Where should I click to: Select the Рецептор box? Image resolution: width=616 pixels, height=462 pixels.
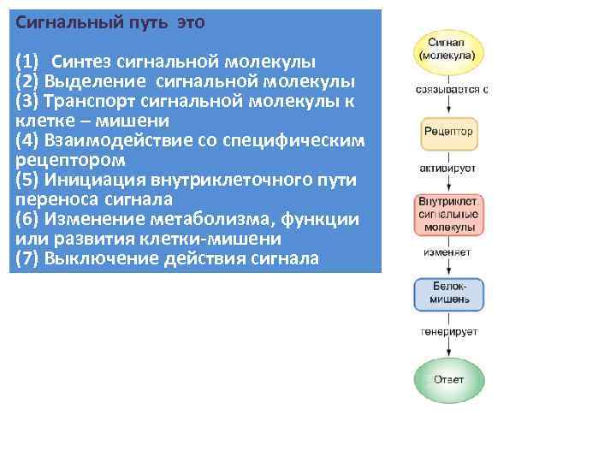pos(448,133)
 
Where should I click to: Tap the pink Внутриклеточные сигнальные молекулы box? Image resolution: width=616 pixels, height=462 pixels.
pos(449,216)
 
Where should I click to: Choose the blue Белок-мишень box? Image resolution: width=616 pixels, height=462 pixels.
pos(449,293)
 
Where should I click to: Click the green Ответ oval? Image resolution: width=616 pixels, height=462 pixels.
pos(449,378)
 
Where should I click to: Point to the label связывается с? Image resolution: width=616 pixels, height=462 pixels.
pos(452,90)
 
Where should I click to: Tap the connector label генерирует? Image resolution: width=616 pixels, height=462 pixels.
pos(449,331)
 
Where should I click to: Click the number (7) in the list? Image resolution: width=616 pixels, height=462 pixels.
pos(27,258)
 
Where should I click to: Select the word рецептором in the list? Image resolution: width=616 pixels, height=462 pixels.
pos(70,160)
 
